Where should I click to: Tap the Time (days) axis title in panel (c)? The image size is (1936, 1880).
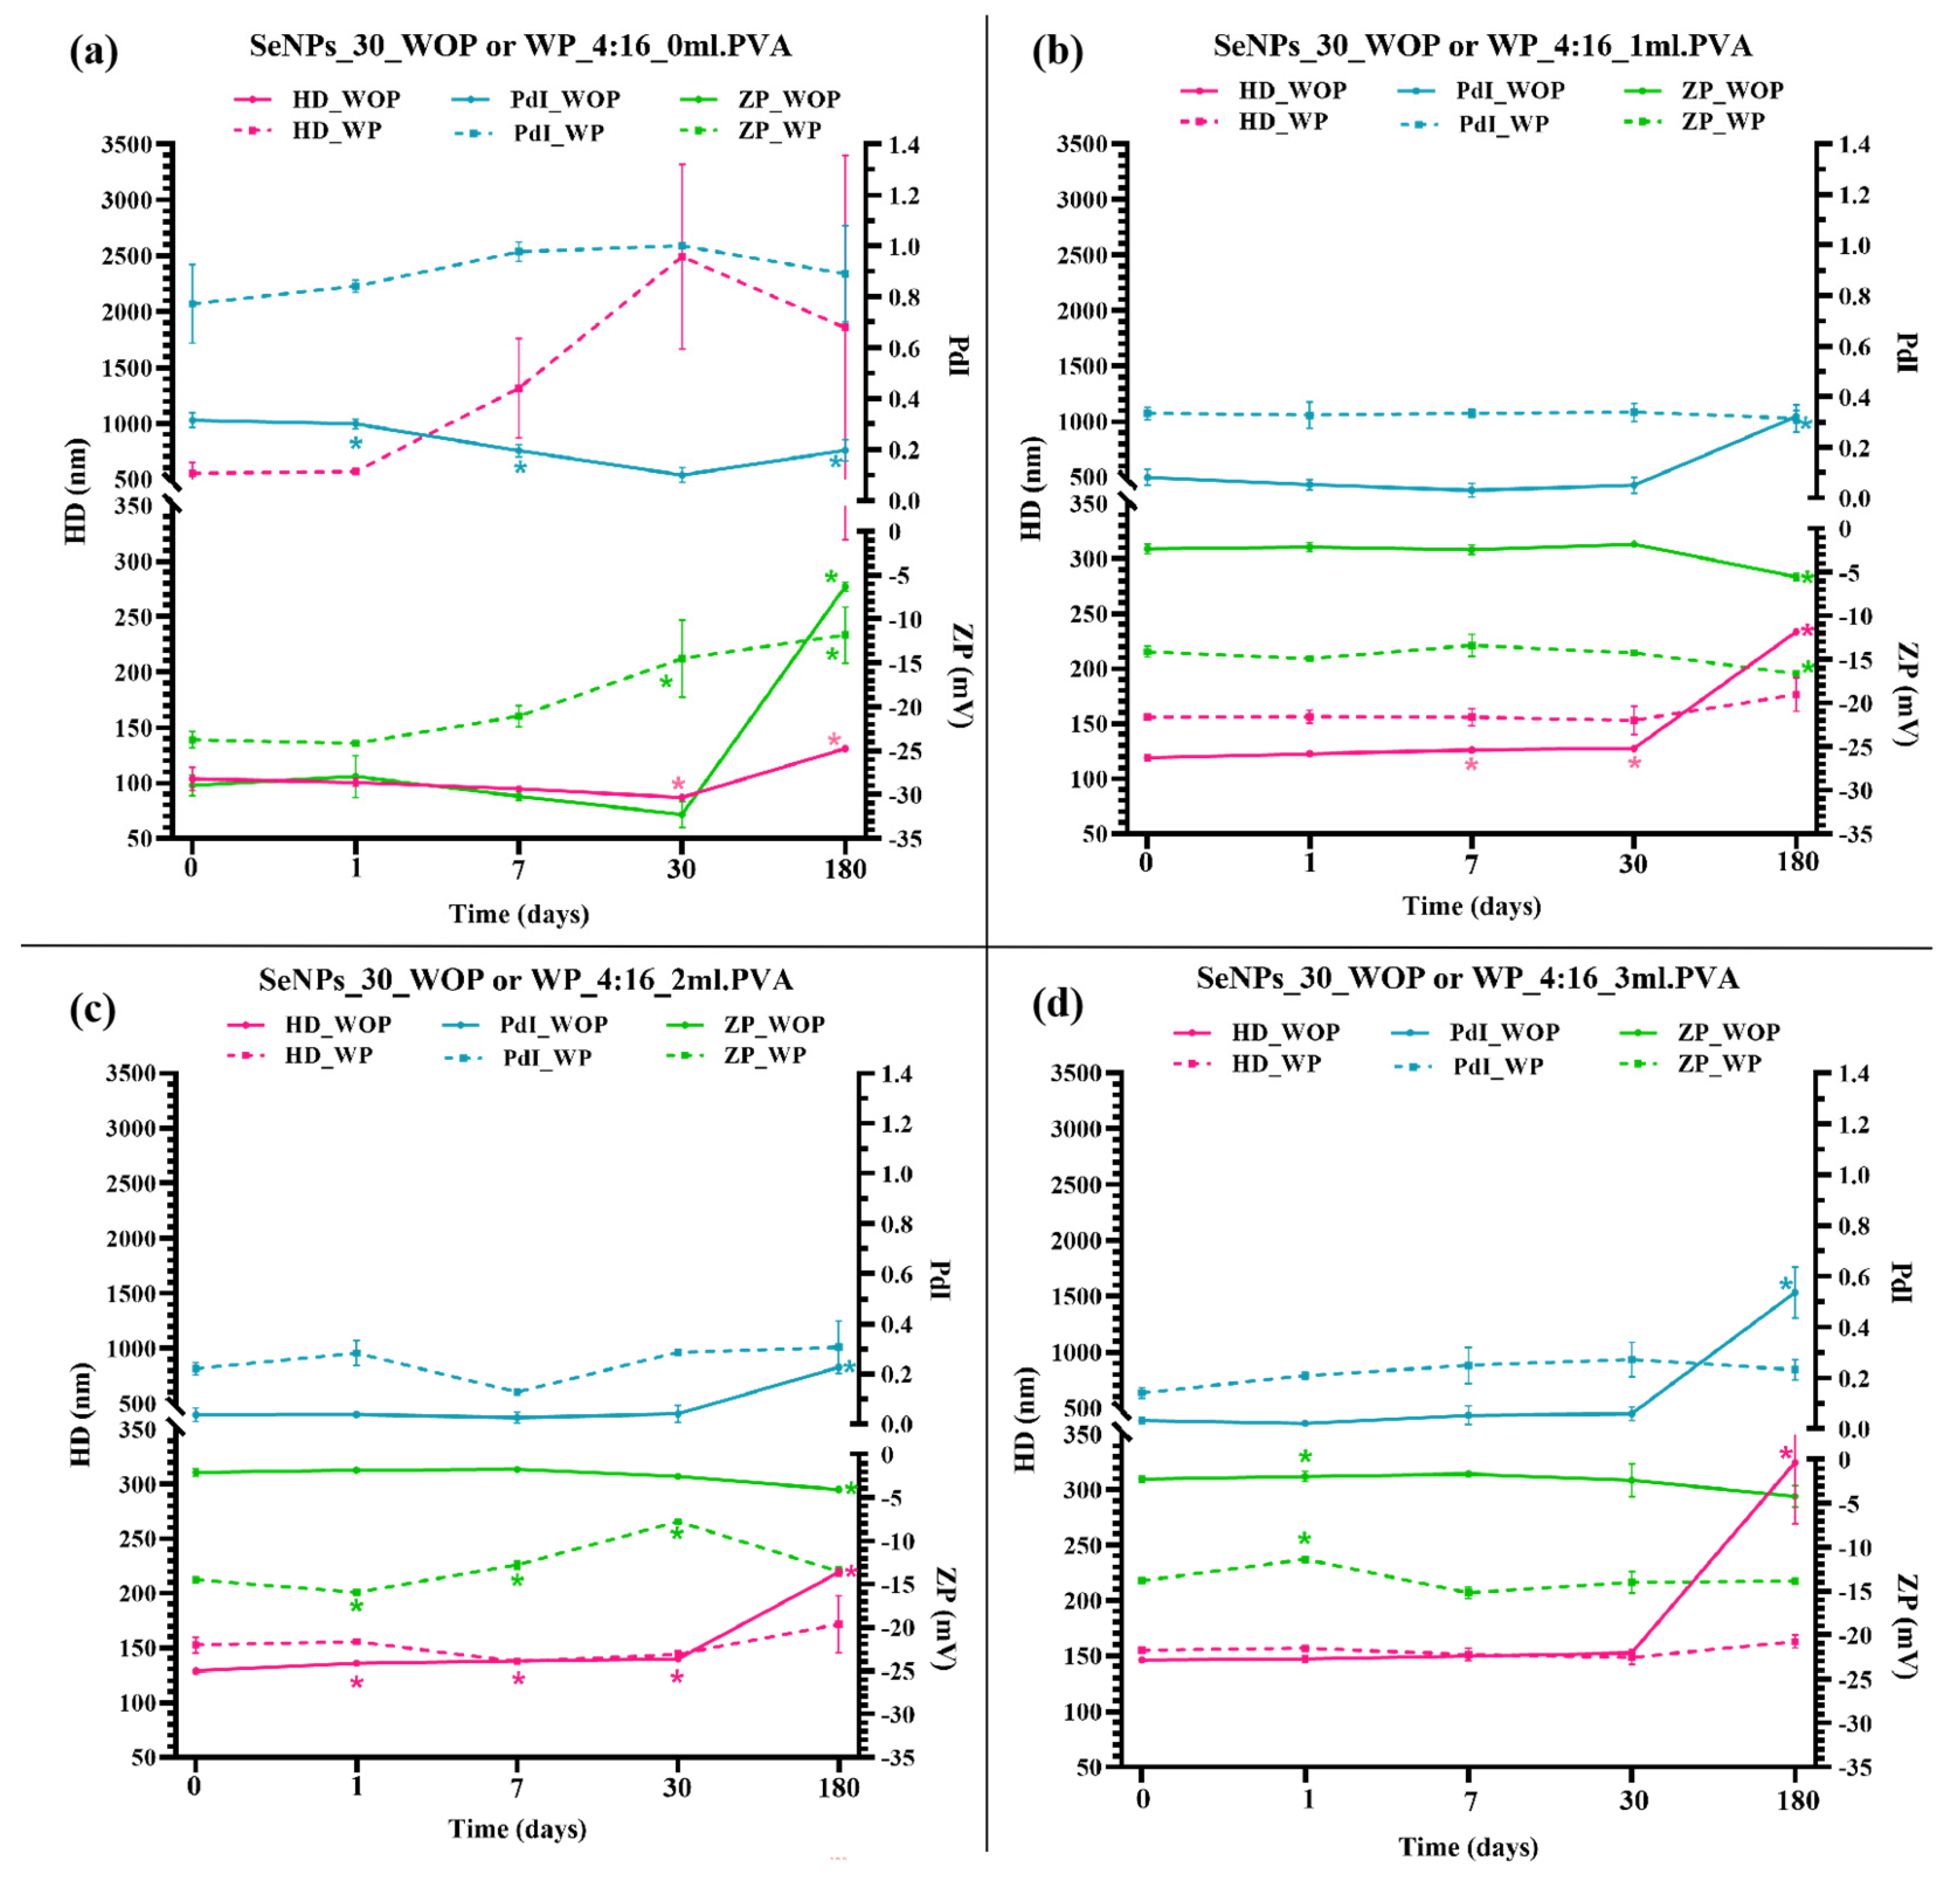517,1828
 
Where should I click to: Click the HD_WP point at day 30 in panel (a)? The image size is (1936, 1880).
681,257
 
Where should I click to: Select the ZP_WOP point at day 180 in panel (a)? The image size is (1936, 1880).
845,587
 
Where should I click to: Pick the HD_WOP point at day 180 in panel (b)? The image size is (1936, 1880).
1796,631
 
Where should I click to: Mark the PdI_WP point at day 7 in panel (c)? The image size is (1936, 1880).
517,1392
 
